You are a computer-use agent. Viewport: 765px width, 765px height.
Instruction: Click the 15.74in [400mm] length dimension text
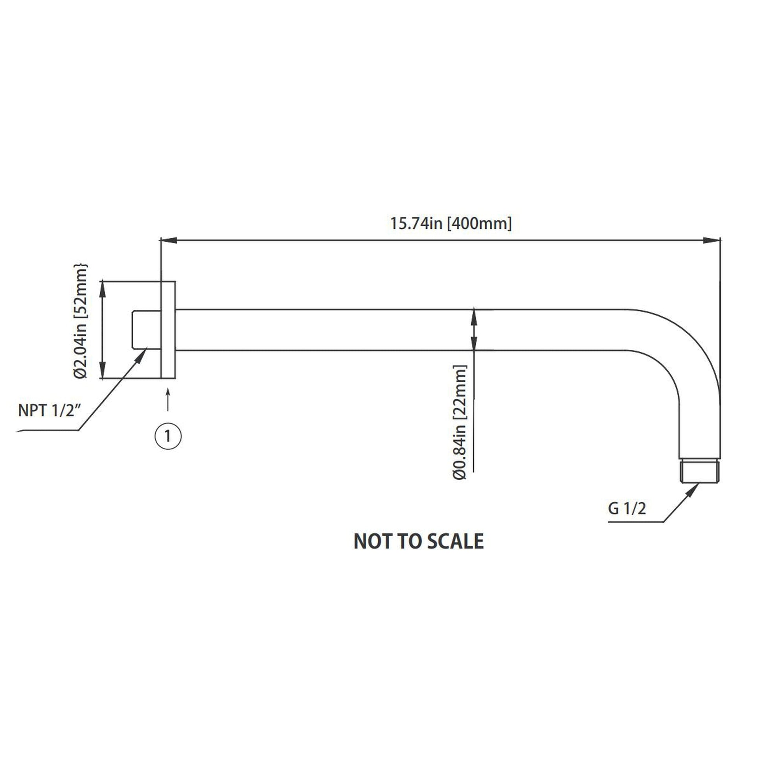pyautogui.click(x=451, y=223)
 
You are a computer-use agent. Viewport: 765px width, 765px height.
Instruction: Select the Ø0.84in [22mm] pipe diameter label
pyautogui.click(x=460, y=422)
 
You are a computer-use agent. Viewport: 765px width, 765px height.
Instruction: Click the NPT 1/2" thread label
pyautogui.click(x=50, y=411)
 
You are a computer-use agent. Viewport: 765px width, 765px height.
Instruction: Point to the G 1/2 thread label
pyautogui.click(x=627, y=508)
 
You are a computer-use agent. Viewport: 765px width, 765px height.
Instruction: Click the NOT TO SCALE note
pyautogui.click(x=419, y=541)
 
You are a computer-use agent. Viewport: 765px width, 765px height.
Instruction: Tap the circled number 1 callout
pyautogui.click(x=168, y=436)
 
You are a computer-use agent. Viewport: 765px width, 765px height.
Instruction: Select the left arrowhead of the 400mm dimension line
pyautogui.click(x=168, y=240)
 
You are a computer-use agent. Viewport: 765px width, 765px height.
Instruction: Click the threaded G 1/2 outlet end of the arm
pyautogui.click(x=700, y=471)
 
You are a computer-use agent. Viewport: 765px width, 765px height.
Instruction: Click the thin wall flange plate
pyautogui.click(x=168, y=329)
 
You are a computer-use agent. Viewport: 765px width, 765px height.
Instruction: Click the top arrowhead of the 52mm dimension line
pyautogui.click(x=103, y=288)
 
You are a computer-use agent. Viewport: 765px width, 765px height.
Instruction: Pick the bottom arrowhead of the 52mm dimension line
pyautogui.click(x=103, y=371)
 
